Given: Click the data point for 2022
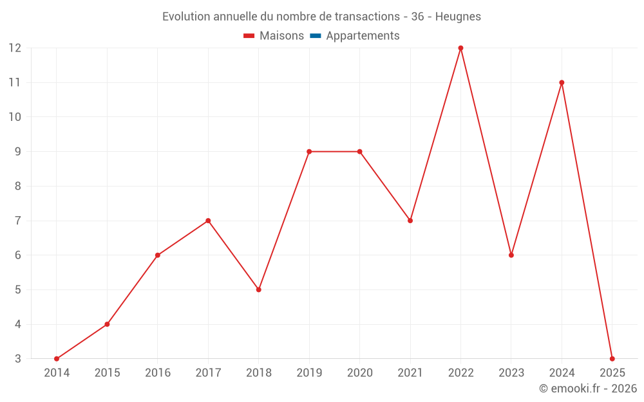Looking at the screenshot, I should pos(460,48).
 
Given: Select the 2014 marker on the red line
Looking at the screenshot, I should pos(57,359).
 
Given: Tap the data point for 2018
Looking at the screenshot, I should pos(259,289).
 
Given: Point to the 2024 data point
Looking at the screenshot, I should pos(562,82).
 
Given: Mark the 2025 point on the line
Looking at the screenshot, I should pos(612,359).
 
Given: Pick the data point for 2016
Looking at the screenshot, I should pos(158,255).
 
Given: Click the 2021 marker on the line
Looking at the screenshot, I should pos(410,221).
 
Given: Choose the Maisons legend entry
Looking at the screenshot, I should pos(281,36).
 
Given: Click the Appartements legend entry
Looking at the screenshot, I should pos(363,36).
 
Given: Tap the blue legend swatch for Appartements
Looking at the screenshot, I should pos(315,36).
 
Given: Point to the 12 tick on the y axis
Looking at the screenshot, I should pos(15,48).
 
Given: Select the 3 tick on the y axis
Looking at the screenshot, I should pos(18,359).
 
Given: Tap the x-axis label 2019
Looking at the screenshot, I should pos(309,373).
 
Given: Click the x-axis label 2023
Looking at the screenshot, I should pos(511,373).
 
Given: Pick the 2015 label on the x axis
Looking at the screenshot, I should pos(107,373).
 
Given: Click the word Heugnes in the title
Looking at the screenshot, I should pos(458,17).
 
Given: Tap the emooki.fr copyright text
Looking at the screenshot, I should pos(588,388).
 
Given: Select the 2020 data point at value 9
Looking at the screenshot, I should pos(359,152).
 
